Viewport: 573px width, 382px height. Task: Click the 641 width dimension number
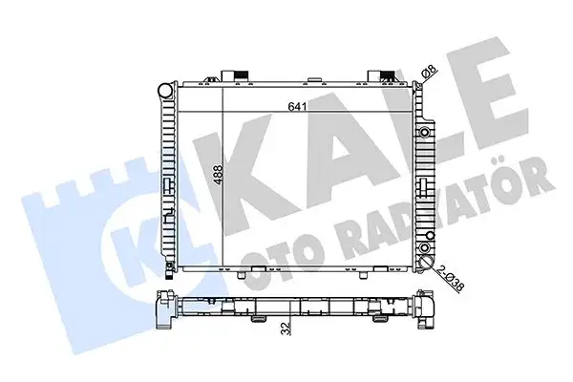tap(297, 106)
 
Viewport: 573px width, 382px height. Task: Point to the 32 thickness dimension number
tap(286, 329)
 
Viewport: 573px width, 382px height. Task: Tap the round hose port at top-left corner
tap(166, 90)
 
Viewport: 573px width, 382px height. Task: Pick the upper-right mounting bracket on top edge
tap(381, 75)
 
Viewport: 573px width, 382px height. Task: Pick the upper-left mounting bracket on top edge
tap(235, 75)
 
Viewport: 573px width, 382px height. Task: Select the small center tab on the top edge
tap(313, 79)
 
